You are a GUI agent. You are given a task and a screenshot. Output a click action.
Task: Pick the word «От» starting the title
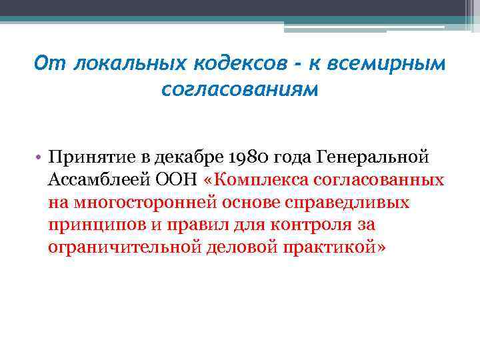50,63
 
